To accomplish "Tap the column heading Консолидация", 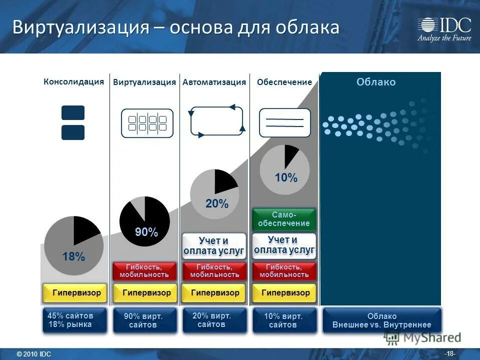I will (73, 81).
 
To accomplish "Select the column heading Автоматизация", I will (214, 82).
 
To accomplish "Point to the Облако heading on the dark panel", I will (376, 82).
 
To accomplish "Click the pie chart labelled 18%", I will (73, 245).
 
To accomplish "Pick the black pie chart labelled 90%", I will (144, 221).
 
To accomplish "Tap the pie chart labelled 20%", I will (214, 194).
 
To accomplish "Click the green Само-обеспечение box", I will (284, 219).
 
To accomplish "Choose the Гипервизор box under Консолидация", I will (75, 293).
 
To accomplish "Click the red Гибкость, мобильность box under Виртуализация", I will (144, 271).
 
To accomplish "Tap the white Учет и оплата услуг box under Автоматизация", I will (214, 245).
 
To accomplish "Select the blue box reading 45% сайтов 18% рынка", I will (75, 320).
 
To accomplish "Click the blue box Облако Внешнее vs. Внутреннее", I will (382, 320).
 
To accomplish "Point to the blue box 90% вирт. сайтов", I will (144, 320).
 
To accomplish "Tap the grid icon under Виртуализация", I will (147, 123).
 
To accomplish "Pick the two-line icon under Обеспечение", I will (284, 122).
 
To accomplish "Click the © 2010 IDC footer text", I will (34, 354).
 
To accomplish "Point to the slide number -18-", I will (450, 353).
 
